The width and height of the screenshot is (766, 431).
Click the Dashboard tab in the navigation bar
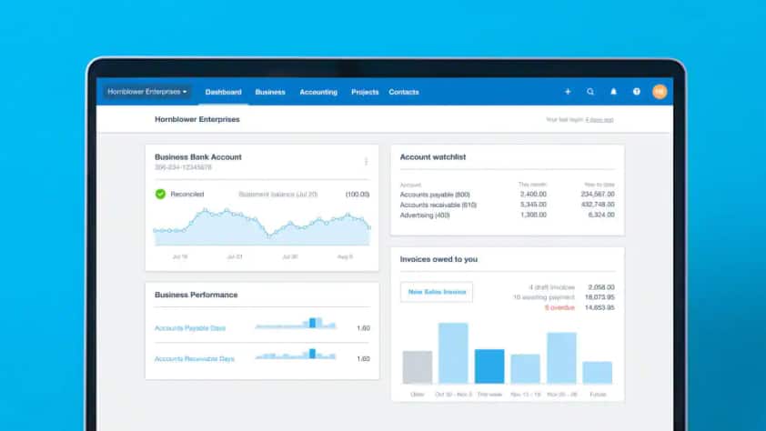(x=223, y=92)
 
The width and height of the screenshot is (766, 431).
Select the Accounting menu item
(x=318, y=92)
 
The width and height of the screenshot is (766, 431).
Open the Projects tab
(x=365, y=92)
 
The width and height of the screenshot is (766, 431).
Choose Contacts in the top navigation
(x=404, y=92)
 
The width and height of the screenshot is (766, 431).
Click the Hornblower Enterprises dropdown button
(x=147, y=92)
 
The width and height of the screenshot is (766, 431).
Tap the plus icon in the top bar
(x=568, y=92)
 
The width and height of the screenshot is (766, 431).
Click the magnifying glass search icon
(x=590, y=92)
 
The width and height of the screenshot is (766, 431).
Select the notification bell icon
(x=613, y=92)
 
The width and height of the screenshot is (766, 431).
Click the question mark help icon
(x=637, y=92)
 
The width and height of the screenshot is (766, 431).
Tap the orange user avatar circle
(x=660, y=92)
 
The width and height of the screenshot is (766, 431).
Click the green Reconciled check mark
(x=160, y=194)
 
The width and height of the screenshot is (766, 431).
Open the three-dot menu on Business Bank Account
(x=366, y=161)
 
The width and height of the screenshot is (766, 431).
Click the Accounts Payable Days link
(x=190, y=327)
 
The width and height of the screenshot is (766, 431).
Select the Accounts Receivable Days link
(x=195, y=358)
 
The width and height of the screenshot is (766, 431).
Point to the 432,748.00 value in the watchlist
(x=597, y=205)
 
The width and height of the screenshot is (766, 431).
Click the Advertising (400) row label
(x=425, y=215)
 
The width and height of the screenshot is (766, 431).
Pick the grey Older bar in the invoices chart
(x=417, y=367)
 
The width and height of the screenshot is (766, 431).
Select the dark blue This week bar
(x=489, y=366)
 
